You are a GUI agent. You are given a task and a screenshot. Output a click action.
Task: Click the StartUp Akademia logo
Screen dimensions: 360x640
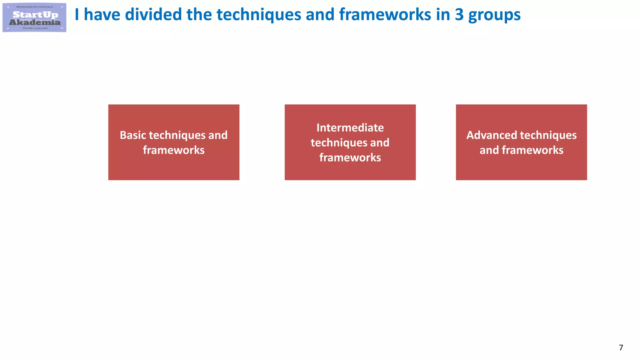tap(34, 17)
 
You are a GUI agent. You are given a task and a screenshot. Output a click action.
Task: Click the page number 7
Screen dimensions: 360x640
tap(621, 347)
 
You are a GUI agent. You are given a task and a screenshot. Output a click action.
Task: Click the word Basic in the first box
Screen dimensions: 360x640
tap(133, 135)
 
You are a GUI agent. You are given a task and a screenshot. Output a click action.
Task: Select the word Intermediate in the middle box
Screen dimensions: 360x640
tap(350, 128)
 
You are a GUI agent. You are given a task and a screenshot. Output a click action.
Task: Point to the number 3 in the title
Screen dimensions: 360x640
tap(459, 15)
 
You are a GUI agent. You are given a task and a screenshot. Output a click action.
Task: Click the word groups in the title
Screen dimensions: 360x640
tap(494, 15)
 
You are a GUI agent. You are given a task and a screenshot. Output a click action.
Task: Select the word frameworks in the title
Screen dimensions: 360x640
tap(385, 15)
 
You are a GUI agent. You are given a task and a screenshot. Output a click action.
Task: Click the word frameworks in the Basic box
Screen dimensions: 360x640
tap(174, 150)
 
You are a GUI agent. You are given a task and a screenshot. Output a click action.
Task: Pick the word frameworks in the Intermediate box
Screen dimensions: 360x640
tap(350, 158)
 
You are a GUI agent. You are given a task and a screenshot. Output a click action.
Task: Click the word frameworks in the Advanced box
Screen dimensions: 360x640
tap(532, 150)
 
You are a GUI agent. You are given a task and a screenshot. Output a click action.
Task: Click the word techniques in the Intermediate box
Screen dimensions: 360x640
tap(339, 143)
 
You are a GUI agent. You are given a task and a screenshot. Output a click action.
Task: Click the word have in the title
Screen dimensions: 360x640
tap(102, 15)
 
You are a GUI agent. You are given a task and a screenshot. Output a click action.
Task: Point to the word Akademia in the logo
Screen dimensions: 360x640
tap(35, 22)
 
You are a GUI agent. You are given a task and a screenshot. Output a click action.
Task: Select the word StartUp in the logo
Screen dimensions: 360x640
tap(35, 14)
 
